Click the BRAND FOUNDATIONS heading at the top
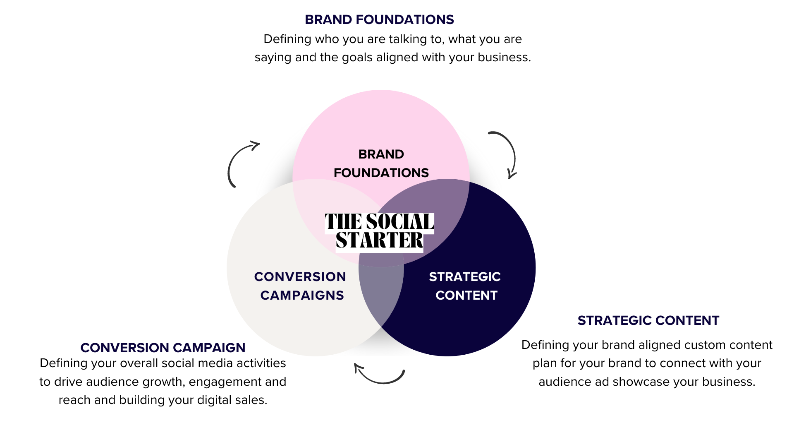click(x=379, y=19)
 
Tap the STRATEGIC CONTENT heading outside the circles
click(x=648, y=320)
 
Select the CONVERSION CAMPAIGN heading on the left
click(x=163, y=348)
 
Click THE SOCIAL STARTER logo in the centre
click(x=379, y=231)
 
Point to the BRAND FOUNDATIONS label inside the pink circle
click(x=381, y=163)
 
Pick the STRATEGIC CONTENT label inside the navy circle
click(x=465, y=286)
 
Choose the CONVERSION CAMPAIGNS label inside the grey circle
click(x=300, y=286)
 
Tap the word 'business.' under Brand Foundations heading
click(x=504, y=57)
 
